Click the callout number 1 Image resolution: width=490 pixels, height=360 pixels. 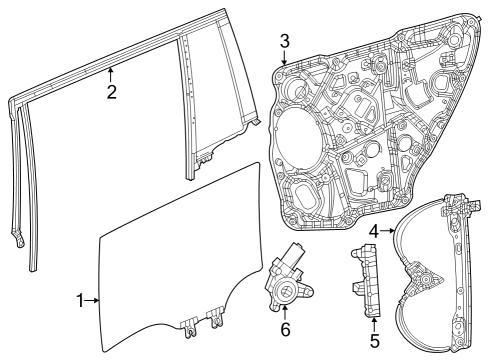81,299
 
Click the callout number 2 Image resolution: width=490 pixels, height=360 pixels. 112,93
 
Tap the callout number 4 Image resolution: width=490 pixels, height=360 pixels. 374,231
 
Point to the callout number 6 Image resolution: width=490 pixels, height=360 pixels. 285,328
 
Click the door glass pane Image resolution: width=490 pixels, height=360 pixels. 160,270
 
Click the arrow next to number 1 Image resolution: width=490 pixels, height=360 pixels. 95,299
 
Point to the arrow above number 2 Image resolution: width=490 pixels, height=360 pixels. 112,73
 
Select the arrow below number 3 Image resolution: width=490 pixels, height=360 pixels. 284,60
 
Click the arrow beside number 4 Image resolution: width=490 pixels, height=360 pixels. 388,231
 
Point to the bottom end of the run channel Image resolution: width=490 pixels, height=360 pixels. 21,241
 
